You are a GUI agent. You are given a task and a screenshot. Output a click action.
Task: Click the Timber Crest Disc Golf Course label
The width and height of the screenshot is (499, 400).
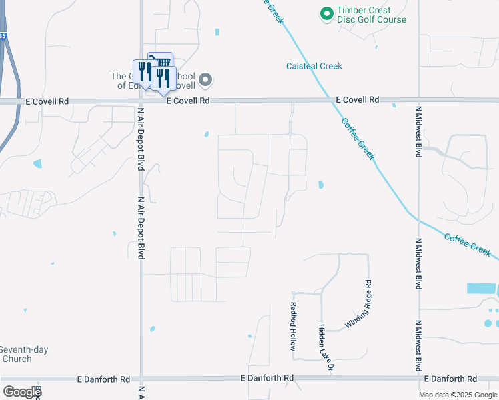click(371, 15)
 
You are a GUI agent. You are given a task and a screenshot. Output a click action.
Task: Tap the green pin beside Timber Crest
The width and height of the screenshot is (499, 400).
click(326, 13)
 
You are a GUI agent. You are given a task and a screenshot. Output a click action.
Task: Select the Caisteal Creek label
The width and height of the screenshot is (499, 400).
click(314, 66)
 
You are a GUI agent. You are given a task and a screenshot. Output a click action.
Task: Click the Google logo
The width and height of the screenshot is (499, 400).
click(22, 392)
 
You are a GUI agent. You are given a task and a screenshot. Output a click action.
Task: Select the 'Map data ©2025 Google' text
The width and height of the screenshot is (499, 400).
click(457, 395)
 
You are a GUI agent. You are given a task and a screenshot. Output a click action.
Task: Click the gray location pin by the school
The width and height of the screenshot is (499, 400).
click(206, 81)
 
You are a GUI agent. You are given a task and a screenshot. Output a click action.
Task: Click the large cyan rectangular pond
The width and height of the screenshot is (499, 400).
click(481, 289)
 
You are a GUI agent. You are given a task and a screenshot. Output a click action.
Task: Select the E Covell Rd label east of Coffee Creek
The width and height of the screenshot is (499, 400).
click(357, 99)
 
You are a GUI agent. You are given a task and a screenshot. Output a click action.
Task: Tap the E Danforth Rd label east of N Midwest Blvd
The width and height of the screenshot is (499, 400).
click(457, 379)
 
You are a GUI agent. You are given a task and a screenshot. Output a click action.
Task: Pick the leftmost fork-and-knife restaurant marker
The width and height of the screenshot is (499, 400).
click(142, 71)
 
